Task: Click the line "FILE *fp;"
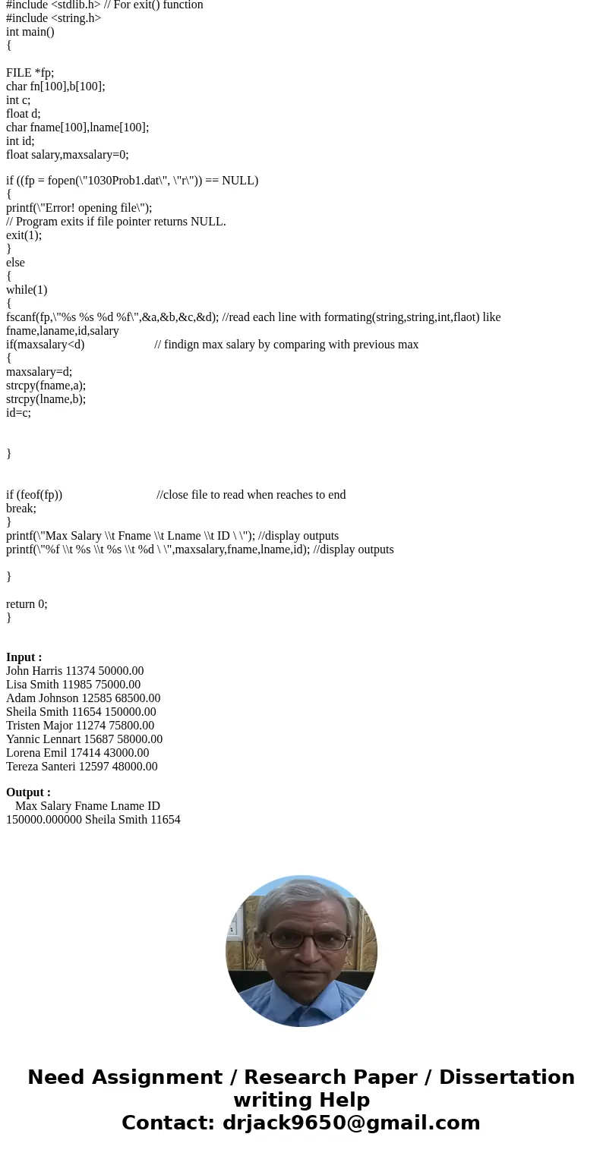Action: [x=30, y=73]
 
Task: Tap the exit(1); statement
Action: [x=24, y=235]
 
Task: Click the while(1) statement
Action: [x=27, y=290]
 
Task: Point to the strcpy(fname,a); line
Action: [x=46, y=386]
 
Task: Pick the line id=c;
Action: [x=18, y=413]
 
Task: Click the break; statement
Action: [x=21, y=509]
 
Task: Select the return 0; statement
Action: [x=27, y=604]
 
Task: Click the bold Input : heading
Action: [x=24, y=657]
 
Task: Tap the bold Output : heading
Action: [x=28, y=792]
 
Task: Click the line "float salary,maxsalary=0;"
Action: [x=68, y=155]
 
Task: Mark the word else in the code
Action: [x=15, y=263]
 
